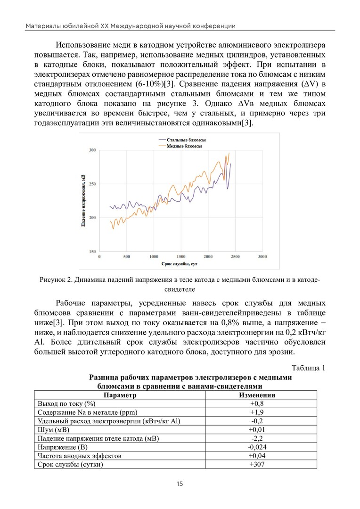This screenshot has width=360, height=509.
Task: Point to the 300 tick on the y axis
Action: click(x=92, y=150)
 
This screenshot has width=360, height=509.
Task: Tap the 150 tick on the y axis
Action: click(x=92, y=252)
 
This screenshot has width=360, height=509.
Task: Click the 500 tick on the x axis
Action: click(x=127, y=257)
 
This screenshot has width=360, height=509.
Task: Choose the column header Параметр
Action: click(x=120, y=395)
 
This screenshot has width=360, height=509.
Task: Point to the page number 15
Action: click(x=180, y=484)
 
